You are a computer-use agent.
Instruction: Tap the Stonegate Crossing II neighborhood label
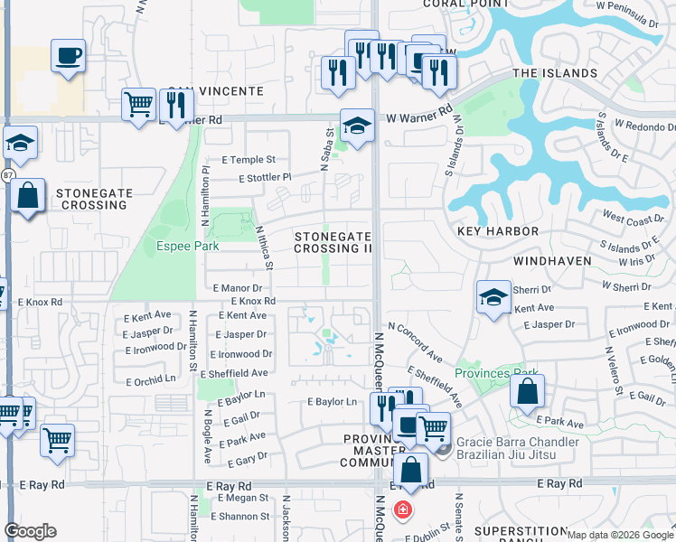333,242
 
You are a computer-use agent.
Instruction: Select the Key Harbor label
498,232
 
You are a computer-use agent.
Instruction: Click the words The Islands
555,73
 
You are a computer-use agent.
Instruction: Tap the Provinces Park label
496,373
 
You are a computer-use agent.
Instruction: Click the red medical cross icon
402,510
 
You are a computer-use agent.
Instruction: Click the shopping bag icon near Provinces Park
527,391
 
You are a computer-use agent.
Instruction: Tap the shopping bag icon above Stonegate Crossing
28,195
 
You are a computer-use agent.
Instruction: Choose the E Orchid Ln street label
151,381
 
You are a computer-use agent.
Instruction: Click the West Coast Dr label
633,220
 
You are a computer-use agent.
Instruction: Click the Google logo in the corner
30,531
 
